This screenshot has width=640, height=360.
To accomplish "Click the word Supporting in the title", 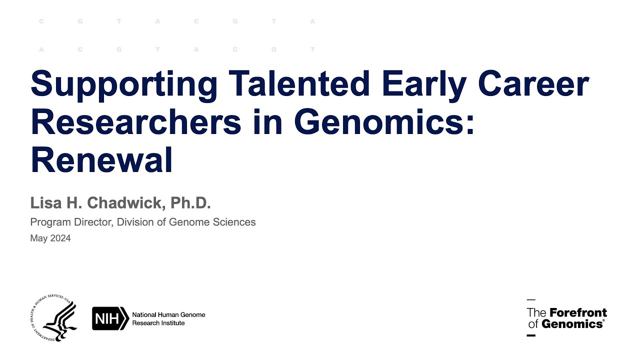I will click(124, 84).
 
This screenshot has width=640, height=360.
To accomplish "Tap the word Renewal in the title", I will click(101, 159).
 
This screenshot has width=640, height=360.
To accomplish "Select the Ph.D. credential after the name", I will click(191, 202).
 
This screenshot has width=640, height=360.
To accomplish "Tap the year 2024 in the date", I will click(60, 238).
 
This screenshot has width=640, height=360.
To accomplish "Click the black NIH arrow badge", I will click(110, 318).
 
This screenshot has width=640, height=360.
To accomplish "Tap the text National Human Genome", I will click(168, 314).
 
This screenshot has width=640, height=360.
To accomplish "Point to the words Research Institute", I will click(158, 323).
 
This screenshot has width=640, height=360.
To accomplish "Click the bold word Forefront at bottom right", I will click(578, 313).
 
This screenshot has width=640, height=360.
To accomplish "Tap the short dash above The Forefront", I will click(531, 299).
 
